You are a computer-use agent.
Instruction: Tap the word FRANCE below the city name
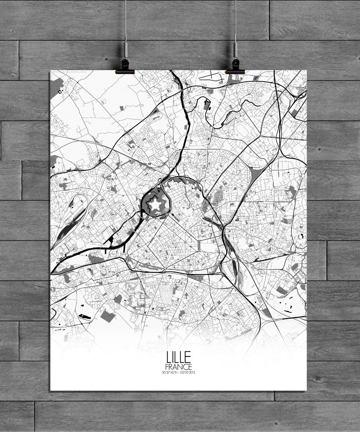[x=178, y=367]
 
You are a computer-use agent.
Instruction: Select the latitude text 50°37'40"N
[x=170, y=373]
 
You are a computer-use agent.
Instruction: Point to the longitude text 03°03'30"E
[x=188, y=373]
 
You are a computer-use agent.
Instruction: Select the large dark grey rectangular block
[x=106, y=315]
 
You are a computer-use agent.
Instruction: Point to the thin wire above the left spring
[x=126, y=18]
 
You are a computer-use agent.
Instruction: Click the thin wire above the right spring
[x=235, y=18]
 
